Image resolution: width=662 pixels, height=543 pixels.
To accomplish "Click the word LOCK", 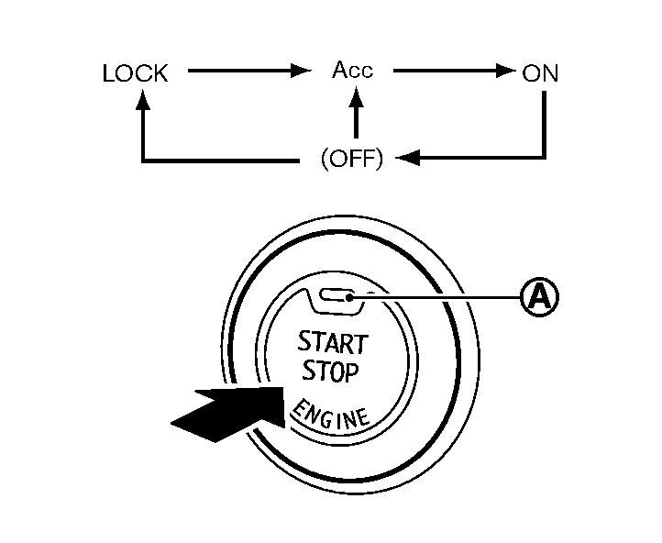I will coord(136,74).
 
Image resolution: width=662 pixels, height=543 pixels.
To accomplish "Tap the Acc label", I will coord(353,71).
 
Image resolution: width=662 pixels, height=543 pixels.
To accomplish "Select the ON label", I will coord(539,73).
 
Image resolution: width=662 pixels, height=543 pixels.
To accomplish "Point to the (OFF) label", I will coord(351,159).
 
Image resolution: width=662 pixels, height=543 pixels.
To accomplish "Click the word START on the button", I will coord(332,344).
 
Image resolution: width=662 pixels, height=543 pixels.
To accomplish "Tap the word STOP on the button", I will coord(327,371).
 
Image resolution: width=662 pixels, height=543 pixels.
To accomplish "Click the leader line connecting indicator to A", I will coord(440,295).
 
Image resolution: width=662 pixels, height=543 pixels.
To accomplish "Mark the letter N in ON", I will coord(549,73).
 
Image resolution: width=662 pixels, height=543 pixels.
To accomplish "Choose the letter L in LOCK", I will coord(108,74).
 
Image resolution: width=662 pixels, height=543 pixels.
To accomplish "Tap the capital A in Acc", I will coord(340,71).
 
